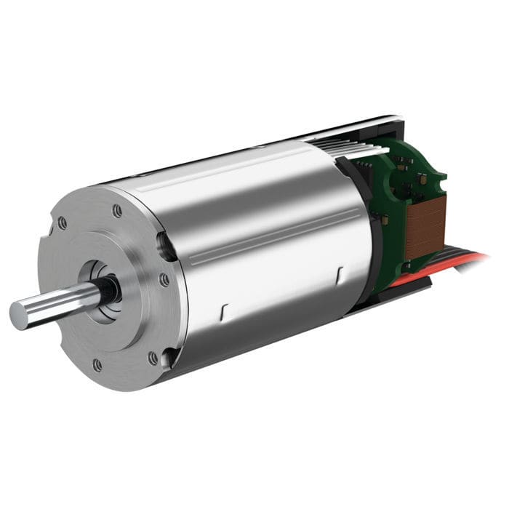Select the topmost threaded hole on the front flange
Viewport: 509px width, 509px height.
tap(117, 211)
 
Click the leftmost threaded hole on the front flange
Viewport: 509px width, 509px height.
tap(63, 223)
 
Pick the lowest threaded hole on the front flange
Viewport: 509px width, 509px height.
tap(97, 364)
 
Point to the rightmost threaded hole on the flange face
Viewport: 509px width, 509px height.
tap(164, 279)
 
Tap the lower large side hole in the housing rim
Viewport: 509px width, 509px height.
tap(169, 356)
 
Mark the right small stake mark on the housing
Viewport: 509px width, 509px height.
tap(340, 276)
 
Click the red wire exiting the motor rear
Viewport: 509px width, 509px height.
tap(465, 260)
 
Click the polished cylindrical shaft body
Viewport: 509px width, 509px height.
tap(58, 304)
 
